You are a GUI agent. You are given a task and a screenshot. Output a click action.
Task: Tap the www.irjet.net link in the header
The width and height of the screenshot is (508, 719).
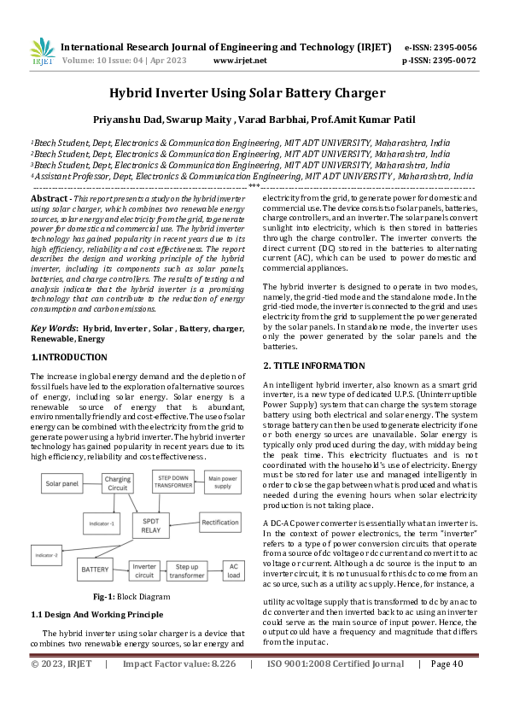[x=240, y=61]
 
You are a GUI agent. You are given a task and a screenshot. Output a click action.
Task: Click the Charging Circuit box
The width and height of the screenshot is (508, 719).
[x=119, y=484]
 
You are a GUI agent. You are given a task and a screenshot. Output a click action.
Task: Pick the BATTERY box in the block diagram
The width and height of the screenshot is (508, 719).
[x=94, y=568]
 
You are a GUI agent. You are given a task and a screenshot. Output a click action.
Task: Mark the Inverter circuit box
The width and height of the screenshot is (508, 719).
[x=144, y=567]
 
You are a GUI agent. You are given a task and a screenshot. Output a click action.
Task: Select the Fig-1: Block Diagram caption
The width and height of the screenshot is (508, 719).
[x=132, y=597]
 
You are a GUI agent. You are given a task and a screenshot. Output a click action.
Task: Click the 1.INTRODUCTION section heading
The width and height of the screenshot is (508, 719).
[x=69, y=357]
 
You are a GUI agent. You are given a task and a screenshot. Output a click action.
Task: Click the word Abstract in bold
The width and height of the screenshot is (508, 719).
[x=50, y=198]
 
